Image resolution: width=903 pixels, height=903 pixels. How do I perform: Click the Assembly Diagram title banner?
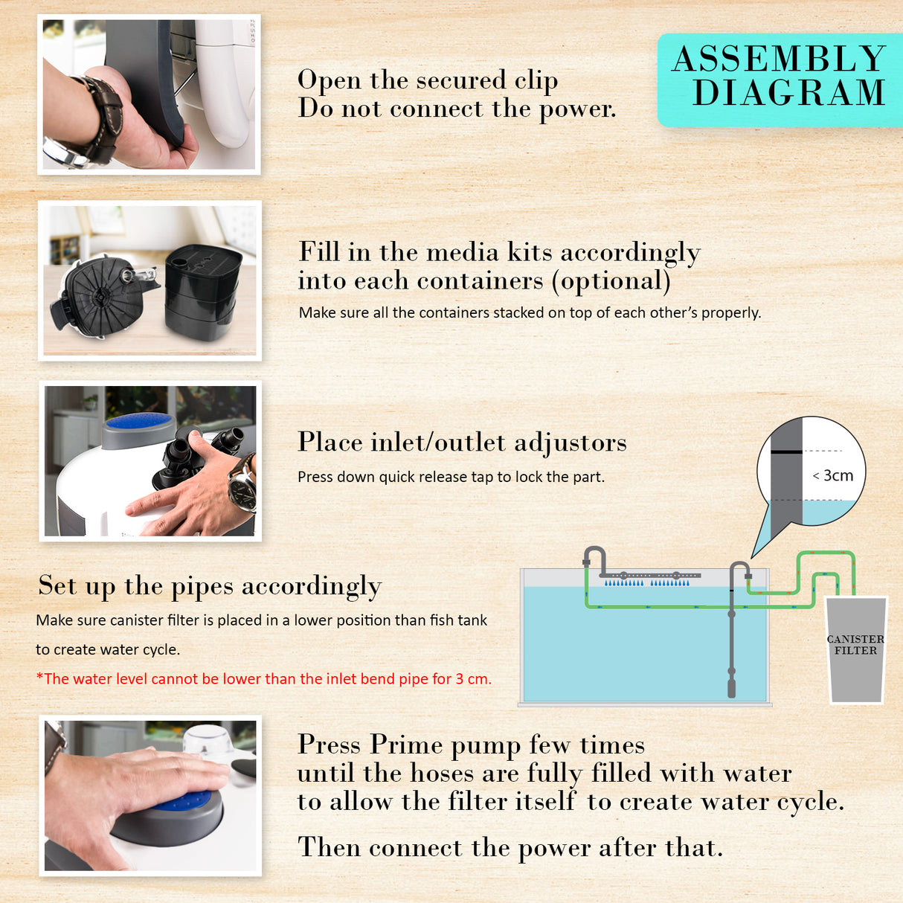(x=779, y=77)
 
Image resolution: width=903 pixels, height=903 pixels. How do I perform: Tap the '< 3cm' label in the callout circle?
(x=833, y=475)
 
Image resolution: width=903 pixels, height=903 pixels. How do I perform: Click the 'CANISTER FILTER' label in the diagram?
(x=855, y=644)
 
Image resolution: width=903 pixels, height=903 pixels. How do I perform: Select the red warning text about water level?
(x=263, y=678)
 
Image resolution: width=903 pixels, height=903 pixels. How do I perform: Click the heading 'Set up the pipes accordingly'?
(x=210, y=586)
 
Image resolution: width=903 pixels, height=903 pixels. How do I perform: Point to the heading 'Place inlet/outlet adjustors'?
(x=462, y=443)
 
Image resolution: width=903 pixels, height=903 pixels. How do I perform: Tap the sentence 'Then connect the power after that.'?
(x=510, y=847)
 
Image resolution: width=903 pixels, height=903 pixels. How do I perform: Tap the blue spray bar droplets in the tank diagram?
(x=647, y=582)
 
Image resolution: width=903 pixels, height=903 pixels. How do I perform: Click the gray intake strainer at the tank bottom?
(x=731, y=683)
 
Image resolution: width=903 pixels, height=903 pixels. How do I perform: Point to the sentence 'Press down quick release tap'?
(x=451, y=477)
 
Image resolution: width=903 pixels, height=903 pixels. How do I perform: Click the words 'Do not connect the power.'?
(x=457, y=109)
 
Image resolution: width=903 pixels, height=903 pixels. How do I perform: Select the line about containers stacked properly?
(x=530, y=312)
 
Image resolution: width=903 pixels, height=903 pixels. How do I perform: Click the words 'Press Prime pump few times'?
(x=471, y=745)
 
